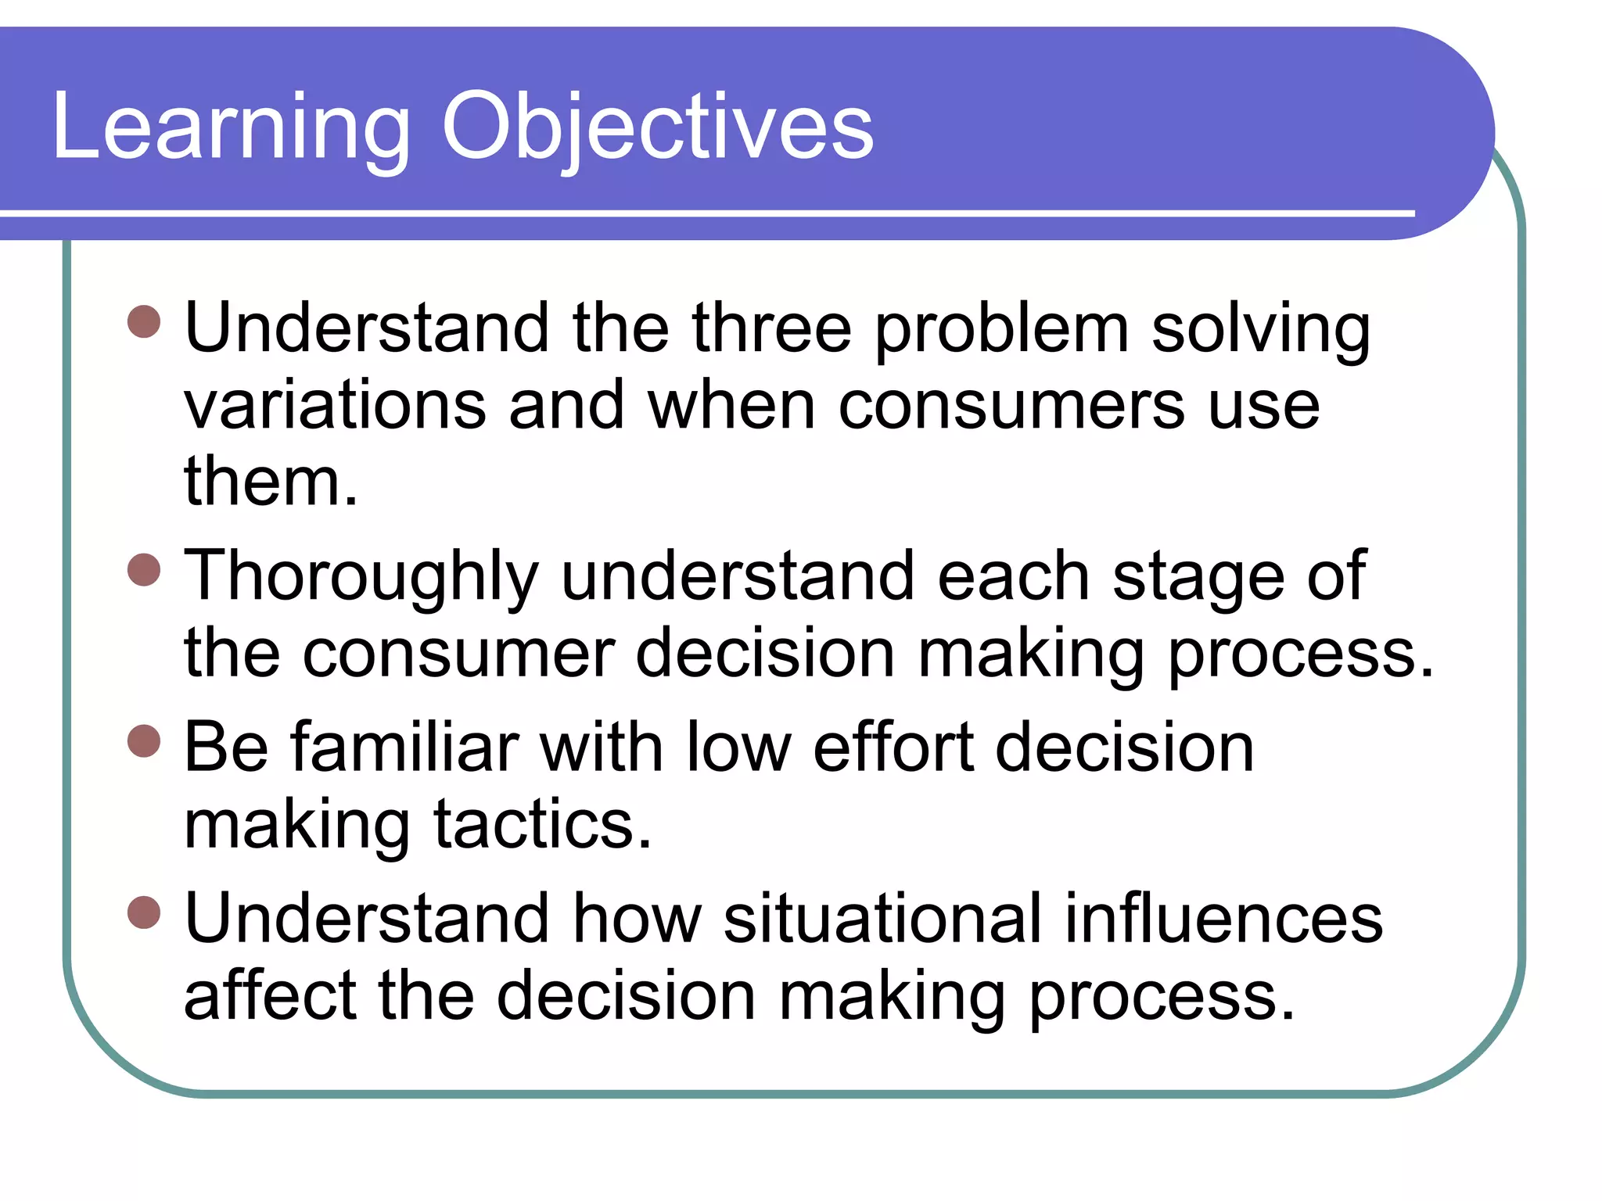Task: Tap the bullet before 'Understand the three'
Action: [144, 321]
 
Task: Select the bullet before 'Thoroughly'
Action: [144, 569]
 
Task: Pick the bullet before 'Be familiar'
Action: [144, 740]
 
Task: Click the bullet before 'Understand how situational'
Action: [144, 912]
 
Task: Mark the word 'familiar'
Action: [405, 747]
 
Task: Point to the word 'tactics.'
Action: [543, 825]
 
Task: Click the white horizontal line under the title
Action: [704, 213]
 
